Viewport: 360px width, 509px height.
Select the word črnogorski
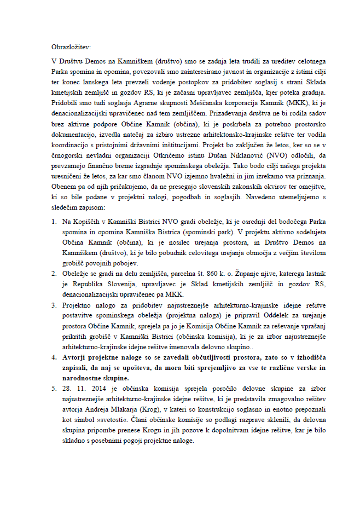(66, 154)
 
